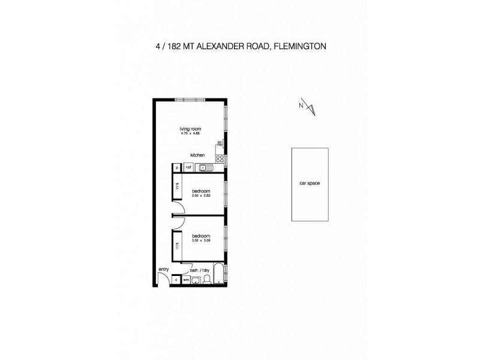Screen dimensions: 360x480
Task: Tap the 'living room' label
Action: [x=190, y=129]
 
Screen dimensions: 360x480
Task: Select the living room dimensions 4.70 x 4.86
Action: [x=190, y=134]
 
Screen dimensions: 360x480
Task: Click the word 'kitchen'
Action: [x=197, y=155]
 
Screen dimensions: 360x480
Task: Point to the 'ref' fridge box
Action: [x=188, y=167]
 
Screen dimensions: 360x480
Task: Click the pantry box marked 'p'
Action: [x=178, y=167]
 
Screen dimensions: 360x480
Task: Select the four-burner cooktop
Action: [x=220, y=159]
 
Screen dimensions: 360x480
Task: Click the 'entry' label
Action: [x=164, y=269]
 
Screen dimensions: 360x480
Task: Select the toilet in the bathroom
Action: [x=207, y=279]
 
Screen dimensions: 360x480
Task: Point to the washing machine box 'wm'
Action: [x=185, y=279]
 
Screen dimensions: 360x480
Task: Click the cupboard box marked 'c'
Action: [x=176, y=279]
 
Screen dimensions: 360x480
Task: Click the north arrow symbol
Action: [x=310, y=108]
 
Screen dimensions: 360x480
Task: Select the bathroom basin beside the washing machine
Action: [x=196, y=280]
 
